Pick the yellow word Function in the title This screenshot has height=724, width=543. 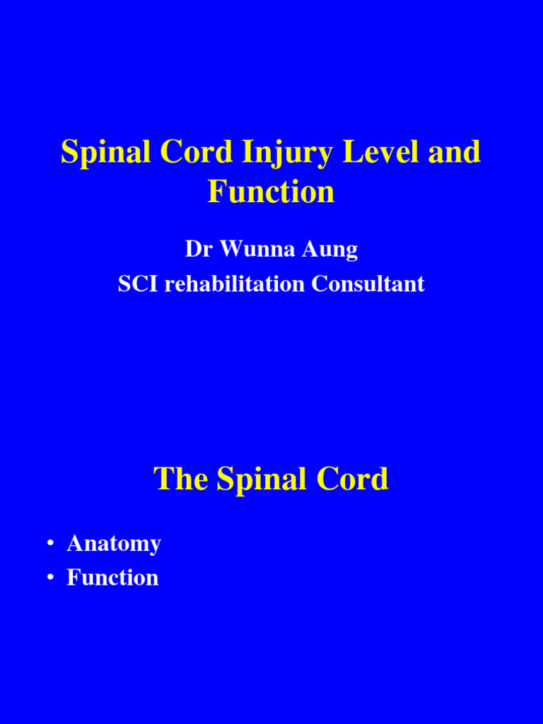pyautogui.click(x=271, y=192)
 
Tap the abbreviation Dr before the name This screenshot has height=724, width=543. pyautogui.click(x=199, y=249)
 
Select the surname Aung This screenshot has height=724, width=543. pyautogui.click(x=332, y=250)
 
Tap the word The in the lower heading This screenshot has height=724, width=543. pyautogui.click(x=182, y=479)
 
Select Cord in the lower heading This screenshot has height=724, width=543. pyautogui.click(x=353, y=479)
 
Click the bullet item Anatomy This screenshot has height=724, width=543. pyautogui.click(x=114, y=544)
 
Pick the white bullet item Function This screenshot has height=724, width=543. pyautogui.click(x=112, y=578)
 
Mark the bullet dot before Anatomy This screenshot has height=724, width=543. pyautogui.click(x=50, y=544)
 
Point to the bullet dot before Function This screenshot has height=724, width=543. pyautogui.click(x=50, y=578)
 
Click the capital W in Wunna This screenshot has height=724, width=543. pyautogui.click(x=232, y=249)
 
